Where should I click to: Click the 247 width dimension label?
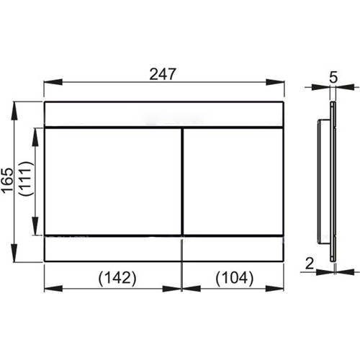pos(163,74)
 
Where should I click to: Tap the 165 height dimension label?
pos(7,180)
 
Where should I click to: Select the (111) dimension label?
pos(25,179)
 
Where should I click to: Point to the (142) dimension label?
pos(117,278)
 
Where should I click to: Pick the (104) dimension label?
pos(235,278)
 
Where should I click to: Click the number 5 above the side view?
pos(333,77)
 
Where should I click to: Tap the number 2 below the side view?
pos(310,264)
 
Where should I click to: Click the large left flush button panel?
pos(113,181)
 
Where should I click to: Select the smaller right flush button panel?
pos(233,181)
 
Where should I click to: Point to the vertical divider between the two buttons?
pos(182,181)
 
